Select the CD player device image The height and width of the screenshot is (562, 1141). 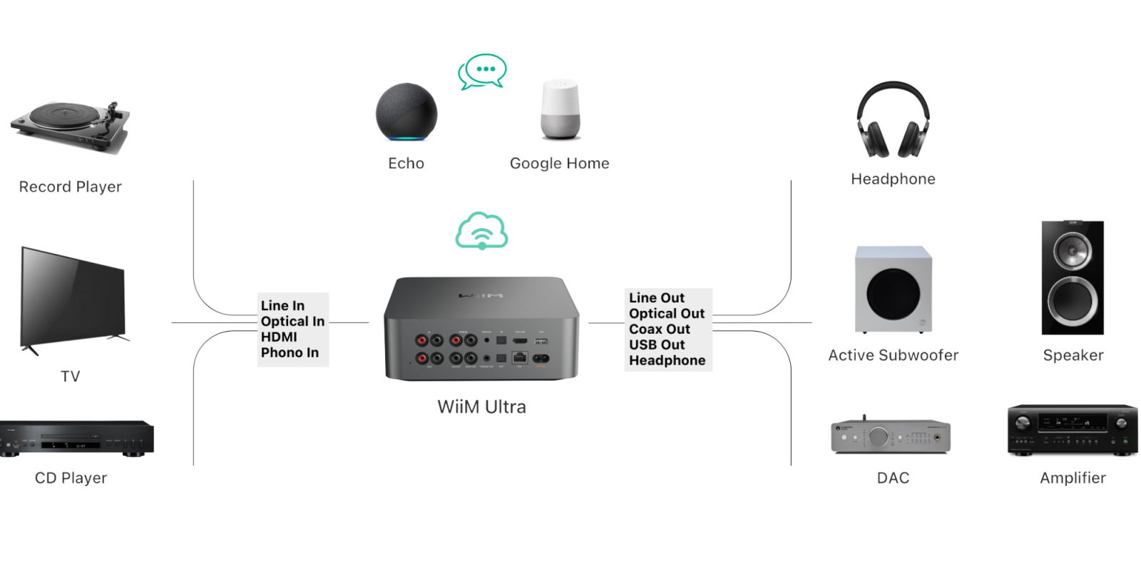tap(77, 439)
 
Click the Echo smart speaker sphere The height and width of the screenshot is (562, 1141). tap(406, 114)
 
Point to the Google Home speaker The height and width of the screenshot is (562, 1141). tap(561, 110)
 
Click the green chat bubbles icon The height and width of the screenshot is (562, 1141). tap(483, 71)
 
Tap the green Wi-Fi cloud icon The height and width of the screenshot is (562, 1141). tap(482, 230)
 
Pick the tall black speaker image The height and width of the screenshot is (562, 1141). tap(1073, 277)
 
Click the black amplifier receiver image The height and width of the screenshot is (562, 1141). tap(1073, 431)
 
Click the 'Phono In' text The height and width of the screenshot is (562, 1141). tap(290, 352)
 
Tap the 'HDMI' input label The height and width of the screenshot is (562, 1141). tap(279, 337)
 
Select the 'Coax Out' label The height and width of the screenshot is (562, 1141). tap(660, 329)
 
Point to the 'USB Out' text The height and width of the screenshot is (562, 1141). tap(657, 344)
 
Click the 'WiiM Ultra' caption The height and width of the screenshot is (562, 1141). tap(482, 407)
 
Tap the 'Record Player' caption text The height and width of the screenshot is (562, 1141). tap(71, 187)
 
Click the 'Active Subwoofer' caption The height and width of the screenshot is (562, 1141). tap(893, 355)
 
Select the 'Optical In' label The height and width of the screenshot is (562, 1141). tap(292, 321)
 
